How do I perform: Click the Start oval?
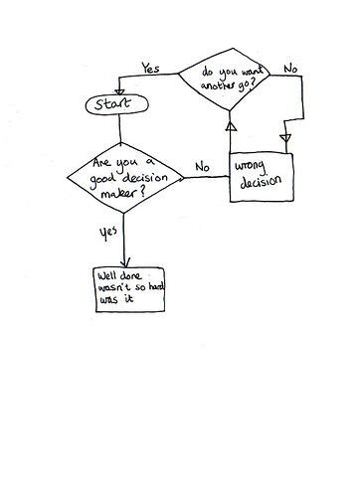(118, 102)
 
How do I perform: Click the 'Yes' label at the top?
(150, 69)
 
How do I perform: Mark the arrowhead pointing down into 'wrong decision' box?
(287, 139)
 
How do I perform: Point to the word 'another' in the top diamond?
(222, 83)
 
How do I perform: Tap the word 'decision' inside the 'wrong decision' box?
(262, 181)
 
